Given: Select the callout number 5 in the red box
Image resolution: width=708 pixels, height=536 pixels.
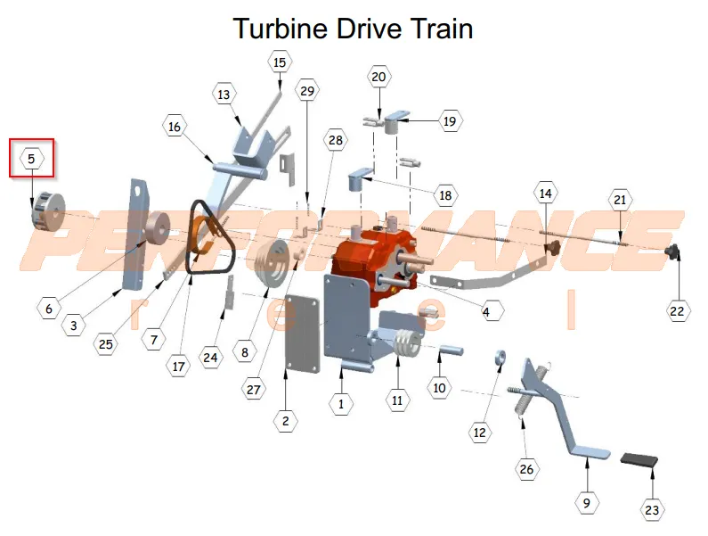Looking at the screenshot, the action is tap(31, 159).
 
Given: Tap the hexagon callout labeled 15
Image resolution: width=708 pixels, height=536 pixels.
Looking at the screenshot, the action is tap(280, 62).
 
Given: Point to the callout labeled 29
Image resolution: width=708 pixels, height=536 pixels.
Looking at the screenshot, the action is tap(307, 91).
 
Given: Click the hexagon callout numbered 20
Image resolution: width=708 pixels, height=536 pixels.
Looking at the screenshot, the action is tap(378, 77).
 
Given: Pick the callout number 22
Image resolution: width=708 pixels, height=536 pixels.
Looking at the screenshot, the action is tap(678, 311).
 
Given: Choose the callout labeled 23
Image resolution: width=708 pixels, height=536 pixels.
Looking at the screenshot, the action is tap(652, 510).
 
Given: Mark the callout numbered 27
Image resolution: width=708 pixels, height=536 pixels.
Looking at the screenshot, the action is tap(253, 390).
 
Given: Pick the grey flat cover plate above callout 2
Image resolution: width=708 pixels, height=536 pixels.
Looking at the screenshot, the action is tap(303, 334).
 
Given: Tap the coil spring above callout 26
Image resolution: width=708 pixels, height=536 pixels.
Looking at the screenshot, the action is tap(521, 400).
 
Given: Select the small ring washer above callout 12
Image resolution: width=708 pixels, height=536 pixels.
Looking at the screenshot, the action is tap(500, 357).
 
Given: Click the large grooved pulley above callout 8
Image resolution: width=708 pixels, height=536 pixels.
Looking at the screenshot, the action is tap(271, 263).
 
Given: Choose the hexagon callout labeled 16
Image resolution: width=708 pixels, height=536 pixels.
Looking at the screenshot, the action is tap(175, 128).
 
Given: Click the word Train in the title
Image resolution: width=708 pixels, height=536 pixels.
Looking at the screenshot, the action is tap(441, 29).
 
